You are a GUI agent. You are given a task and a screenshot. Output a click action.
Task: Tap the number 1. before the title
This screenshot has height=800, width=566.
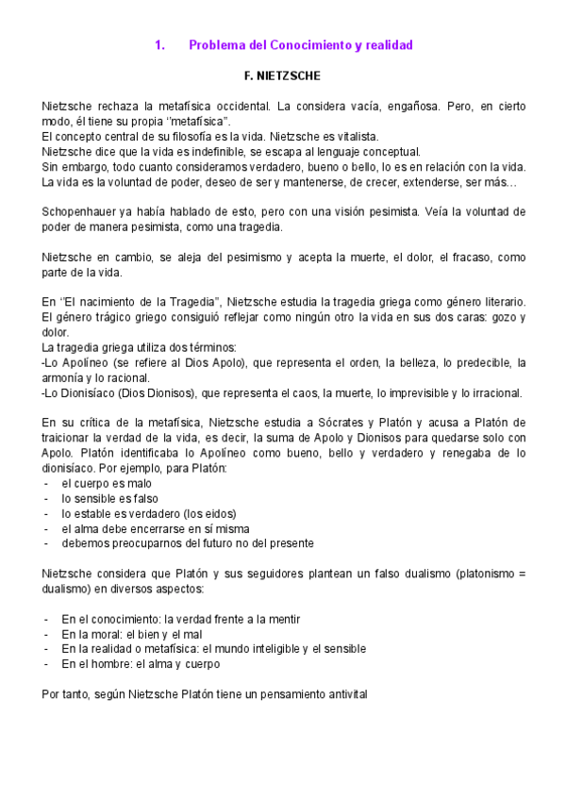pos(159,45)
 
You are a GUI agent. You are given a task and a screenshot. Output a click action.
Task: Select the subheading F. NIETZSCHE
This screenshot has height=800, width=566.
pos(282,75)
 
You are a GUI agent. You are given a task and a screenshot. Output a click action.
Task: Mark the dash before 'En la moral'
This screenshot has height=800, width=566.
pos(47,634)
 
